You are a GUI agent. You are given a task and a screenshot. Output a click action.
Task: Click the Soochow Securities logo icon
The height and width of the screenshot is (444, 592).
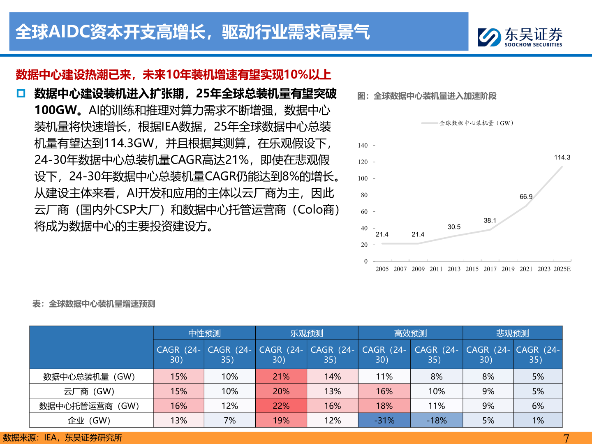489,37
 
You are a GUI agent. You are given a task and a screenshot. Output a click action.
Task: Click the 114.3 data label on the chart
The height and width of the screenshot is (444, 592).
562,157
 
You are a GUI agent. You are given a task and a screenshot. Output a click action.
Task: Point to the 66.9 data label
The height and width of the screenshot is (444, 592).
526,197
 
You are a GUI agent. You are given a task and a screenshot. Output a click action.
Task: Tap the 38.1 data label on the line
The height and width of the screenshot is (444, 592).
490,220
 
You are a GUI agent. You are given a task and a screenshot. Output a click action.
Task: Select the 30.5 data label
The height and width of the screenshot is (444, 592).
454,227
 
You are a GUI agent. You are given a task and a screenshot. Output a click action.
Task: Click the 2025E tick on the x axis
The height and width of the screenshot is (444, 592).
562,269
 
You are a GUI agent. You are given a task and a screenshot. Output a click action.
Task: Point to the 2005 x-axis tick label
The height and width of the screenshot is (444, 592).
382,269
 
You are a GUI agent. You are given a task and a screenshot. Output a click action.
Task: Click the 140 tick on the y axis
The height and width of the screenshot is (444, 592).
363,145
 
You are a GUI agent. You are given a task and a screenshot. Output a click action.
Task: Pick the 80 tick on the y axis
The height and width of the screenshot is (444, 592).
364,195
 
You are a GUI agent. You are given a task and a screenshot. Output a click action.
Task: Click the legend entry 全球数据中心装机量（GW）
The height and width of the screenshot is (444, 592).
476,123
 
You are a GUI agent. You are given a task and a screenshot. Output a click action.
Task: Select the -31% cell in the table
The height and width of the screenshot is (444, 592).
384,421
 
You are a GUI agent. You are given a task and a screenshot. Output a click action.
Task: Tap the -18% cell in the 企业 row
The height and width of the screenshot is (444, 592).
436,421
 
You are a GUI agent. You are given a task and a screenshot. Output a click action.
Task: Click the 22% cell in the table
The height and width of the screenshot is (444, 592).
281,406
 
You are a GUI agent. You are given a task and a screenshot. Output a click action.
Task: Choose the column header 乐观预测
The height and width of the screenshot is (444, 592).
307,333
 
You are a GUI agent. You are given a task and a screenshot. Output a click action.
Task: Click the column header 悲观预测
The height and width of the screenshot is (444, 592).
512,333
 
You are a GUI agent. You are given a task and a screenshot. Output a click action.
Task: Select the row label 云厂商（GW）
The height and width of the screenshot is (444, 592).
89,391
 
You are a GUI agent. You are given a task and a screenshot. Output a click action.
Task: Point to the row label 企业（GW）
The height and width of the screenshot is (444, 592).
89,421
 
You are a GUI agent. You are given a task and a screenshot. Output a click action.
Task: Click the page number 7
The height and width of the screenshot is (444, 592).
566,438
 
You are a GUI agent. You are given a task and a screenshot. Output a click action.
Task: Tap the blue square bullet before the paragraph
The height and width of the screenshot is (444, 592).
21,93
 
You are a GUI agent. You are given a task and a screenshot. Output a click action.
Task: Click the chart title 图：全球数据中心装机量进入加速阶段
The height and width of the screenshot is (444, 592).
427,96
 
